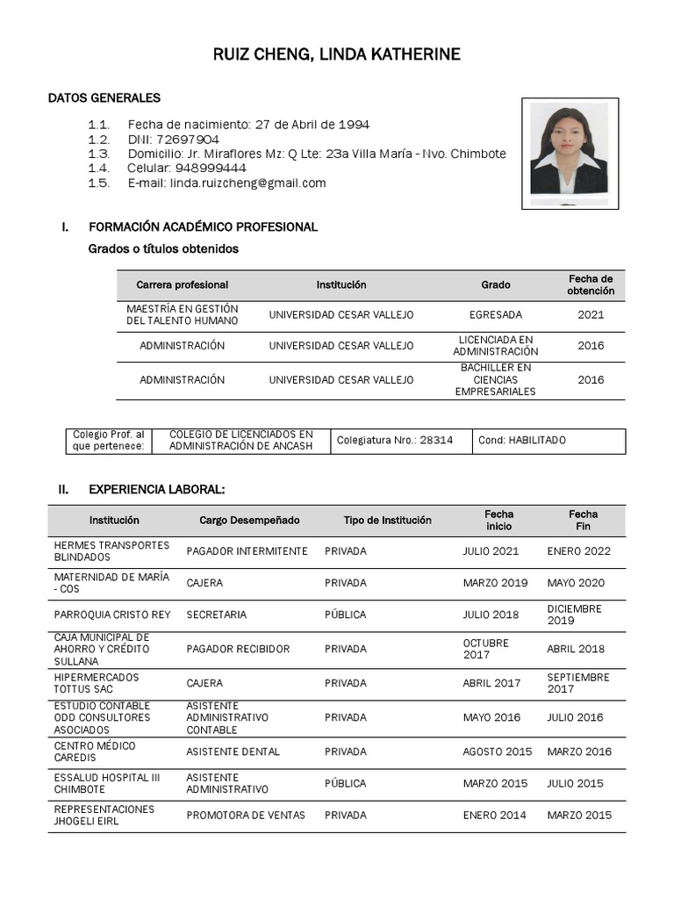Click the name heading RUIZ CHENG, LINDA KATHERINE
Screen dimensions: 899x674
tap(337, 55)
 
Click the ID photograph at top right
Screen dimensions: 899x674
tap(570, 153)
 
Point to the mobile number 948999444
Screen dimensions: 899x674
tap(211, 168)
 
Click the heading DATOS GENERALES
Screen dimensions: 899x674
tap(104, 97)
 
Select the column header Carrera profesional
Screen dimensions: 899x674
tap(182, 284)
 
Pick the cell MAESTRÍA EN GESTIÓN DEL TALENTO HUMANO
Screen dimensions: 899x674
tap(182, 314)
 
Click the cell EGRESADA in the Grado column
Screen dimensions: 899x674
tap(495, 314)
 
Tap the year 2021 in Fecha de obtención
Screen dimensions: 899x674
tap(591, 314)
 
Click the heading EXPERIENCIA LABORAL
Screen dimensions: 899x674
tap(156, 489)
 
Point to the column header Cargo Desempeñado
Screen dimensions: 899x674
tap(249, 520)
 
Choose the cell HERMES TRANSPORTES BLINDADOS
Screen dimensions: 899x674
tap(111, 551)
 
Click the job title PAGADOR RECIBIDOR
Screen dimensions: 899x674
tap(238, 649)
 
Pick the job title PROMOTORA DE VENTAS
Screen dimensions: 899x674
tap(246, 815)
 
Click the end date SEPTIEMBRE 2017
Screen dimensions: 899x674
tap(577, 683)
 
